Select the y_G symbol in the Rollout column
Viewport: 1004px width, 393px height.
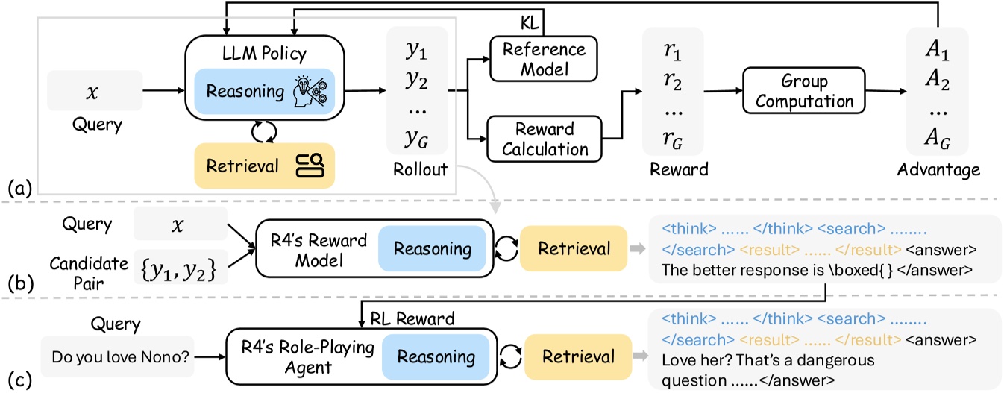click(x=415, y=140)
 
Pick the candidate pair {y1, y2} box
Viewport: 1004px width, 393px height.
click(x=180, y=264)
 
